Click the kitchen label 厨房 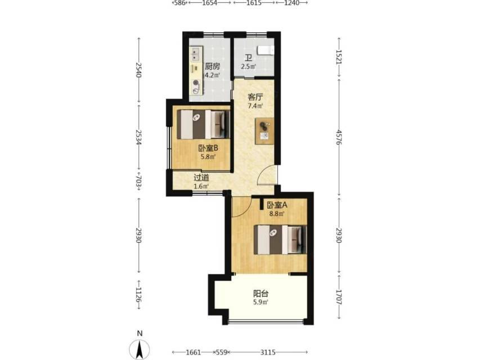coord(212,66)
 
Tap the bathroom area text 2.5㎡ coord(248,66)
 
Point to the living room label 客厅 coord(255,97)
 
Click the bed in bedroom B coord(203,124)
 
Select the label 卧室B coord(208,148)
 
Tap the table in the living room coord(264,131)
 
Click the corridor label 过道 coord(201,178)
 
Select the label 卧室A coord(277,205)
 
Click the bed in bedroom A coord(280,240)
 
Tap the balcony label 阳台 coord(260,294)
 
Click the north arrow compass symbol coord(140,349)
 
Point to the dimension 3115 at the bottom coord(268,352)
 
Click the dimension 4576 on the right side coord(339,137)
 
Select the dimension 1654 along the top coord(209,3)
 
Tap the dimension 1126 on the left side coord(138,294)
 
